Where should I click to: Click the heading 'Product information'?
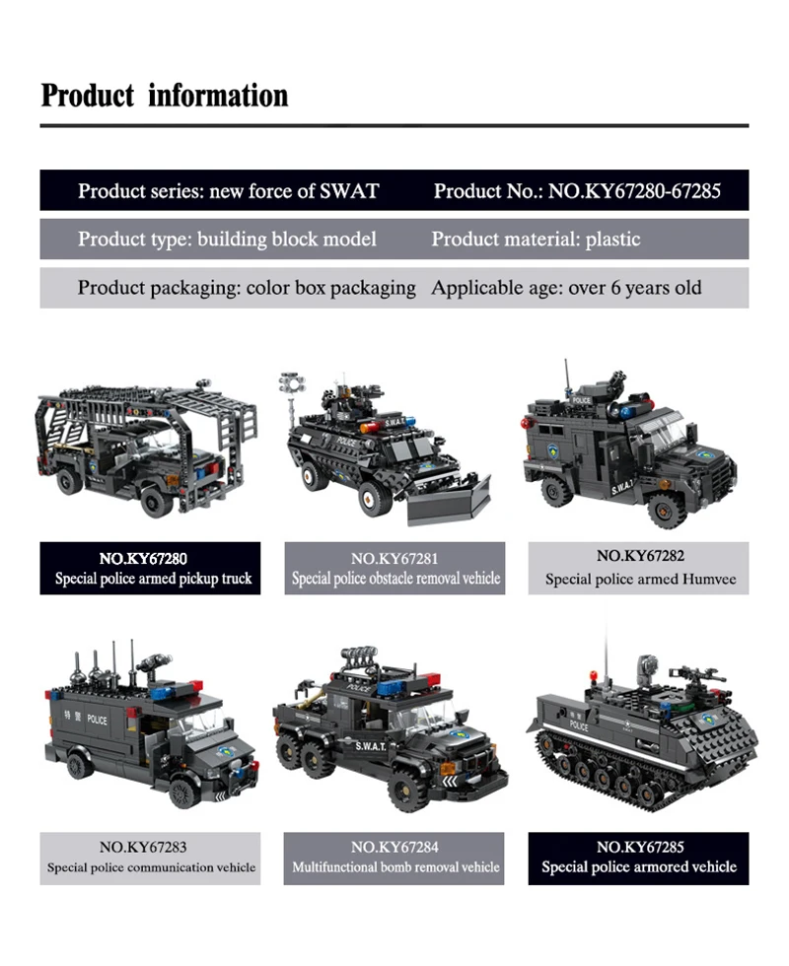(x=165, y=96)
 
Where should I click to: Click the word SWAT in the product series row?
(x=349, y=191)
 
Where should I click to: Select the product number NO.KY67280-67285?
(x=634, y=191)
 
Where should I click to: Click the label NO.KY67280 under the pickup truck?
(x=143, y=559)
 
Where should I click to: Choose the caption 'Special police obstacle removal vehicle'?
(x=395, y=579)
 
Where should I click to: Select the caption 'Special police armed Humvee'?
(x=640, y=580)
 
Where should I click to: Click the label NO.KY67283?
(x=143, y=847)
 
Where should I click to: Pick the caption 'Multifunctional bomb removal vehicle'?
(x=395, y=867)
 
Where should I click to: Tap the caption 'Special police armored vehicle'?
(x=639, y=866)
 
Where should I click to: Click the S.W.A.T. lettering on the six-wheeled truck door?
(x=371, y=746)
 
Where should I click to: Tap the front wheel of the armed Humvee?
(x=665, y=509)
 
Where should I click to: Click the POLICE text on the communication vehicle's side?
(x=97, y=719)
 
